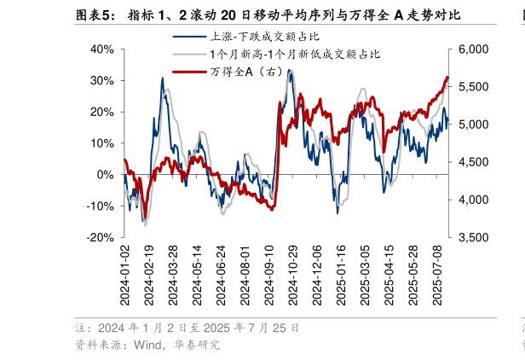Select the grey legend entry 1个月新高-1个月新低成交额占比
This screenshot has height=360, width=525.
pos(294,54)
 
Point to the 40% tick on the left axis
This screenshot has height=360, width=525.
pos(102,49)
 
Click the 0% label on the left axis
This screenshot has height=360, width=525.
pos(107,174)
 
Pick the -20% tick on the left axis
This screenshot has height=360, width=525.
pos(101,237)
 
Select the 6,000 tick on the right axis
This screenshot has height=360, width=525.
pos(475,49)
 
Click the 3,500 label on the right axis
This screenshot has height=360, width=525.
pos(475,237)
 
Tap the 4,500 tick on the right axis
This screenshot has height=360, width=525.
pos(475,162)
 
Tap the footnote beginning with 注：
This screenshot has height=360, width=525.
pos(187,328)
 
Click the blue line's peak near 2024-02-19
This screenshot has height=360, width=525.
pos(162,78)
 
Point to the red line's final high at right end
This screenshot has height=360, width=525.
pos(447,78)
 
